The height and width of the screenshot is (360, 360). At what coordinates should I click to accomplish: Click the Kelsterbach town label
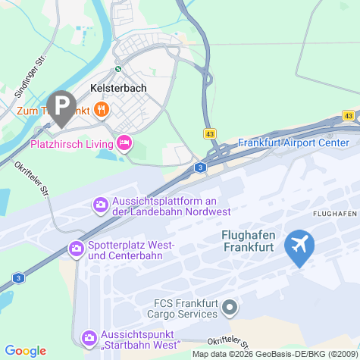pos(117,88)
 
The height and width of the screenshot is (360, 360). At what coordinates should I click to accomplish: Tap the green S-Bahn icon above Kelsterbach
pos(117,68)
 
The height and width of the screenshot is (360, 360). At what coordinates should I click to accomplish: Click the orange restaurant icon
pos(102,111)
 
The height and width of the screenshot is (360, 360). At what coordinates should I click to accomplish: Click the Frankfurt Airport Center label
pos(293,142)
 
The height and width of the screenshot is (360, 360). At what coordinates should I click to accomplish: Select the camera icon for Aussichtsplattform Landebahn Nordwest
pos(100,205)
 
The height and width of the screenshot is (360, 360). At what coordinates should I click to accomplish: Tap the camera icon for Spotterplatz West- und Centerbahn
pos(77,248)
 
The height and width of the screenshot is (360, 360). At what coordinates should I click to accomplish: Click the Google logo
pos(25,350)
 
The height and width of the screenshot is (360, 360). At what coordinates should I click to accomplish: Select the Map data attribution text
pos(274,354)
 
